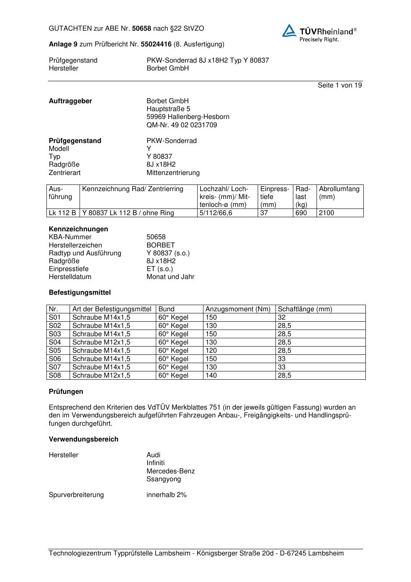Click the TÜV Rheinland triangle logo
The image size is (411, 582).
point(289,31)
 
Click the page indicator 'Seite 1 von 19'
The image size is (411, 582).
point(339,85)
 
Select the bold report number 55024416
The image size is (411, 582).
point(156,44)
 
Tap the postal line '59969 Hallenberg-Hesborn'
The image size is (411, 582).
point(188,117)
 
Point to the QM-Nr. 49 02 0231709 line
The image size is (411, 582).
point(181,125)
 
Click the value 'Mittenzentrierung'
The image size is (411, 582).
point(173,172)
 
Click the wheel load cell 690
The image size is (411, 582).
point(301,213)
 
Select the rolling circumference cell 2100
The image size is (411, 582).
point(326,213)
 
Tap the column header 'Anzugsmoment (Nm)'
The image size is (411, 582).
point(238,309)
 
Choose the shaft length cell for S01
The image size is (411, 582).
point(282,318)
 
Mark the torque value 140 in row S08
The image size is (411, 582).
point(211,376)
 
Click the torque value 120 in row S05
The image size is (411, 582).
point(211,351)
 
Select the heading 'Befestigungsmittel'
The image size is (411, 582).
point(80,293)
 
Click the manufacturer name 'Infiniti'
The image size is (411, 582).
point(155,463)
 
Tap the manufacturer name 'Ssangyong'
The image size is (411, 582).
point(164,479)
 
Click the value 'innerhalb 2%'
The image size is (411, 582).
point(167,495)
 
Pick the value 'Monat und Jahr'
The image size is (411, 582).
point(170,277)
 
